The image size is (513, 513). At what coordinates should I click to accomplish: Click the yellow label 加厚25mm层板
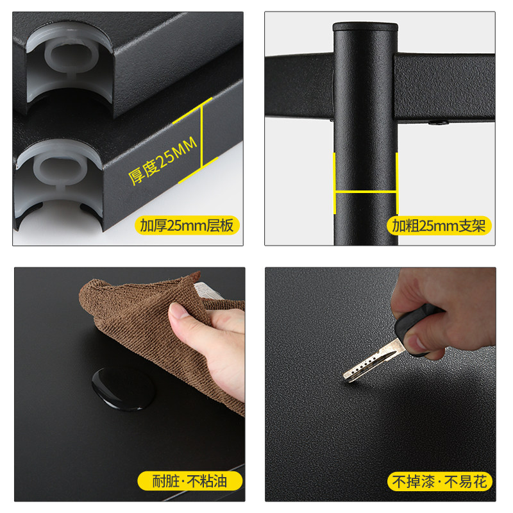tap(187, 226)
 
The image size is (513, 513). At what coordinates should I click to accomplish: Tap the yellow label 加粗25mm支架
tap(439, 226)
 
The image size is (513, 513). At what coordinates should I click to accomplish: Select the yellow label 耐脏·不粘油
tap(190, 482)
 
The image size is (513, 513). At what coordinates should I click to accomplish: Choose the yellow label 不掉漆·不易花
tap(440, 482)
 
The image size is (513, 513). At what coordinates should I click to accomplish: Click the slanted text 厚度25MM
tap(163, 161)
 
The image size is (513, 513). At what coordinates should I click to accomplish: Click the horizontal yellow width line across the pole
tap(366, 192)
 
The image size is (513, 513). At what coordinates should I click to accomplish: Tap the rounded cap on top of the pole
tap(366, 27)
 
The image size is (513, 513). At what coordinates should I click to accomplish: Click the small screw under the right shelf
tap(439, 123)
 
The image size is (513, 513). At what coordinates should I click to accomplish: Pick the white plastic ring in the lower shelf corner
tap(60, 170)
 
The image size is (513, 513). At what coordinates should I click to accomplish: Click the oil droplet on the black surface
tap(123, 389)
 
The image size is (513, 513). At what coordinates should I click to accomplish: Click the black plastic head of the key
tap(417, 330)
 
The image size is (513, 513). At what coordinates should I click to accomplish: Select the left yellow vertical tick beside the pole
tap(334, 183)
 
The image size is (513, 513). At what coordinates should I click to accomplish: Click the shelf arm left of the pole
tap(299, 86)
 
